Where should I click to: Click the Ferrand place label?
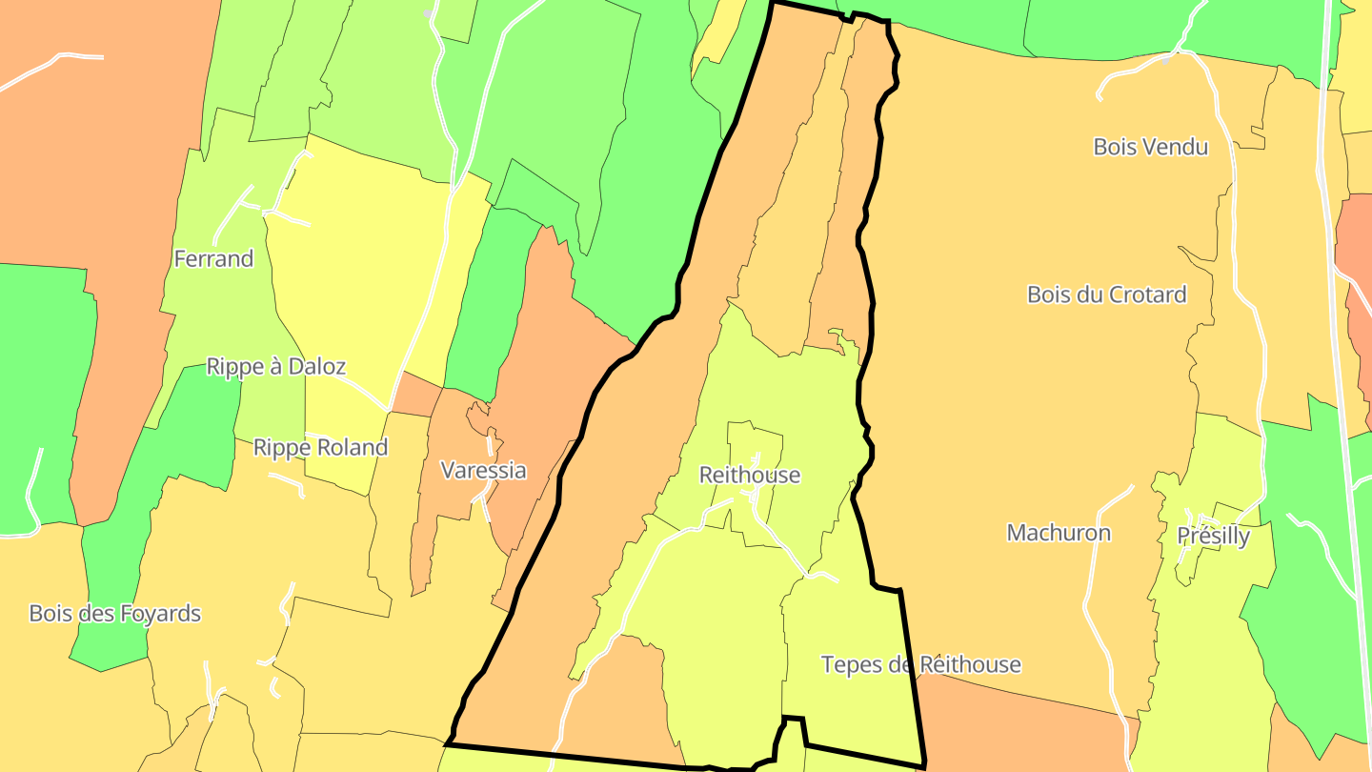point(213,258)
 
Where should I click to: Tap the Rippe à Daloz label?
point(276,367)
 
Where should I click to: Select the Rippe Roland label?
point(320,447)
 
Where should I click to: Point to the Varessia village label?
point(483,470)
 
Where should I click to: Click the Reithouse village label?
point(750,475)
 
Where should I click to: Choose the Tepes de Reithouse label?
point(921,664)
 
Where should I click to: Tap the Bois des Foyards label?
point(115,613)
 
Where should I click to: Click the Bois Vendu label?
point(1151,147)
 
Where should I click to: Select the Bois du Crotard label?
point(1107,295)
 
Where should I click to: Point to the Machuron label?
point(1059,533)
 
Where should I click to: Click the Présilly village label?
point(1213,537)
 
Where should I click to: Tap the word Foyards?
point(159,613)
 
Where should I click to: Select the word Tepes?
point(852,664)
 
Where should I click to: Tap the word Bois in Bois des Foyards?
point(50,613)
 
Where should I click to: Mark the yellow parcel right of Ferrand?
point(353,267)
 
